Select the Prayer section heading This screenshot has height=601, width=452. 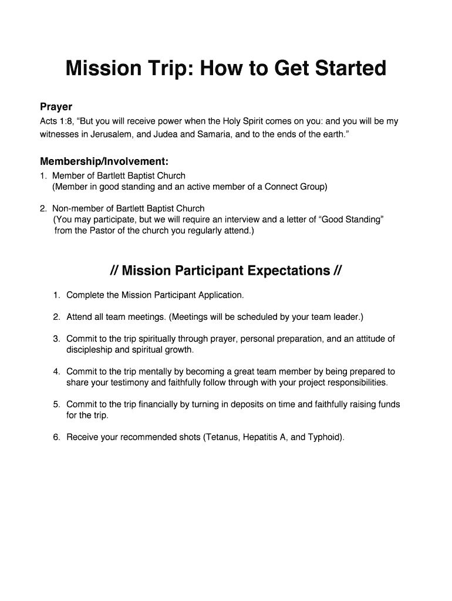point(56,107)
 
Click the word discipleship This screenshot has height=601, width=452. point(90,350)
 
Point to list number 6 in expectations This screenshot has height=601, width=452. point(56,437)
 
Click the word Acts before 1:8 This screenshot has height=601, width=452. point(49,121)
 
